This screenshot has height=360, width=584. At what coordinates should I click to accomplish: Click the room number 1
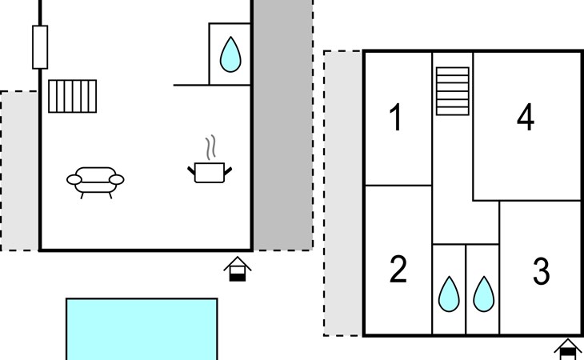395,117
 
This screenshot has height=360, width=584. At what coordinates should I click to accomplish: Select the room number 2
398,269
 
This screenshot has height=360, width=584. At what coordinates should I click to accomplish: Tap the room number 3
541,271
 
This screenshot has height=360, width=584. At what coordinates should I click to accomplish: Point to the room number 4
526,117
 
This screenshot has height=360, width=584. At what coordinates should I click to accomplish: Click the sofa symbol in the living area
95,182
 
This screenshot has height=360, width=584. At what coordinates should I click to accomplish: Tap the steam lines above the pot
210,147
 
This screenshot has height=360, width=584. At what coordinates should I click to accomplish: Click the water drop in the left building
230,54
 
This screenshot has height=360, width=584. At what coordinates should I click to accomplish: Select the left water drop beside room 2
449,294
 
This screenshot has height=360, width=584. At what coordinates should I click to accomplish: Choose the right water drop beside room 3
484,294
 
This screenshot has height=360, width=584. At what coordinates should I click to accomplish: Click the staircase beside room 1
453,91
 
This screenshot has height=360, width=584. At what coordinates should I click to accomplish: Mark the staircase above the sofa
72,96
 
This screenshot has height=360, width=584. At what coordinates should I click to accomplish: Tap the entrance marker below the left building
238,269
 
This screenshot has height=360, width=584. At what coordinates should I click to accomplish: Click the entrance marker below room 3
568,350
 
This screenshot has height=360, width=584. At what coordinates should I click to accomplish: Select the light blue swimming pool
142,329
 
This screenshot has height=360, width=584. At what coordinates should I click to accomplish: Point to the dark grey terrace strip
283,125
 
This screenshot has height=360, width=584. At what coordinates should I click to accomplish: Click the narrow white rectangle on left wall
40,47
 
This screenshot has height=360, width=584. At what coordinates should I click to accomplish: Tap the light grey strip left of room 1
343,194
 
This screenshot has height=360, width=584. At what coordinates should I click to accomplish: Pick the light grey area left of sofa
19,171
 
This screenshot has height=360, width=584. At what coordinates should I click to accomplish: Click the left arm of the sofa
74,180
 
